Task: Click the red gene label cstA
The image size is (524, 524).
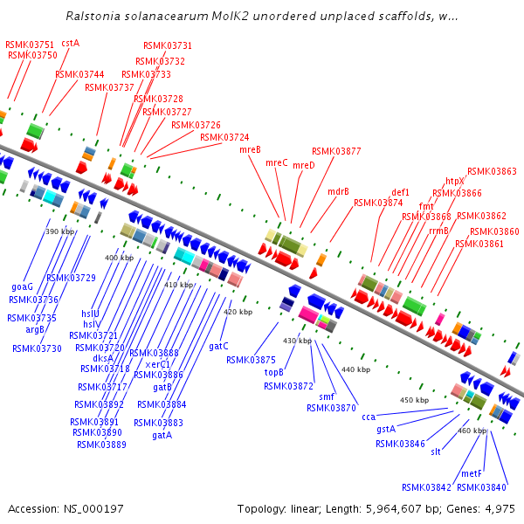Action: (x=70, y=43)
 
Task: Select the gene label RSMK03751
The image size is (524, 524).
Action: (x=29, y=45)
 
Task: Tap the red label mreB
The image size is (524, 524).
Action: (x=250, y=150)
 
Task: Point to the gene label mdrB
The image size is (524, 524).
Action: (x=338, y=191)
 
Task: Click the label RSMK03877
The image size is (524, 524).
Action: (x=336, y=151)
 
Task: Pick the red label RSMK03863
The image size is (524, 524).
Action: (x=492, y=172)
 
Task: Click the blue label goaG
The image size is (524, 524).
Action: (x=22, y=286)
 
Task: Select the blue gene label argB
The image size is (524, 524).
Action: (x=34, y=329)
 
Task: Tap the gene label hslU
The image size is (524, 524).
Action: (x=91, y=314)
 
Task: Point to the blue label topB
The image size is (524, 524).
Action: (x=274, y=372)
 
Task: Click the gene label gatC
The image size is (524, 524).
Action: (x=218, y=346)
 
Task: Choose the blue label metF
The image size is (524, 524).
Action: (x=471, y=473)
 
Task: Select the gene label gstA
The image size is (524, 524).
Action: (x=386, y=429)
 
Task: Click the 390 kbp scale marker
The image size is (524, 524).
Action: (x=60, y=231)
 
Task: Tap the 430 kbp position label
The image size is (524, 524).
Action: (x=297, y=341)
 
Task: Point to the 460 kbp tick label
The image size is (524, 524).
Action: (x=472, y=431)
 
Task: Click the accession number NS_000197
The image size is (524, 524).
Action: (x=92, y=508)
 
